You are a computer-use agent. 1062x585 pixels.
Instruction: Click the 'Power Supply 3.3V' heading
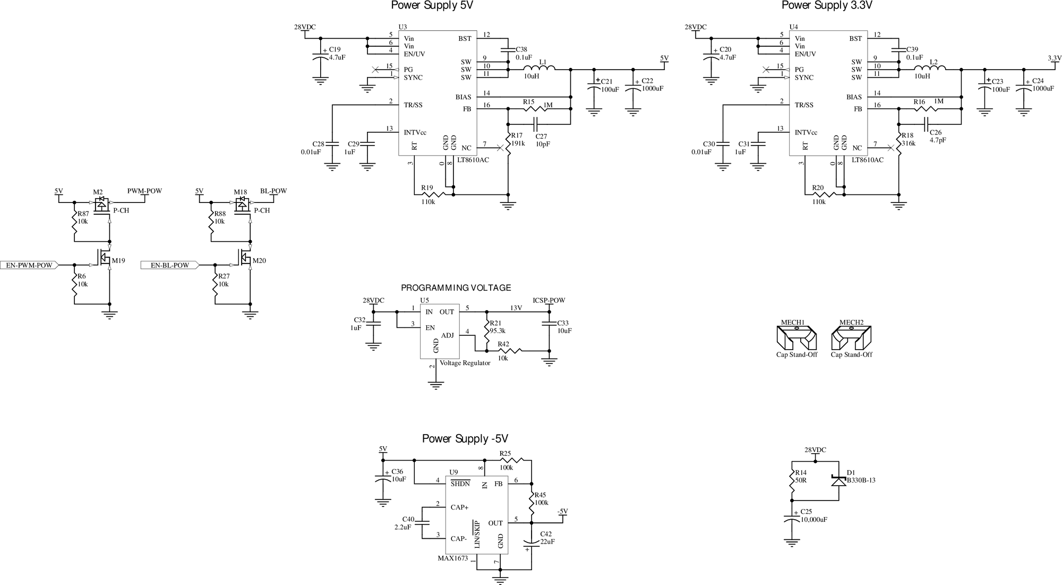coord(827,6)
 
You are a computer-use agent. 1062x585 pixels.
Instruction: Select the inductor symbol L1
coord(539,68)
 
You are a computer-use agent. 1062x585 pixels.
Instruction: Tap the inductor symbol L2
coord(930,68)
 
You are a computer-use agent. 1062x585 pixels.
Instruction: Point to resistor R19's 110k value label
coord(428,202)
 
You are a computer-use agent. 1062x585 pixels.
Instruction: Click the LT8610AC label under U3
coord(473,160)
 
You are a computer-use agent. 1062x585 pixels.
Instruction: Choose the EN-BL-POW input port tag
coord(169,265)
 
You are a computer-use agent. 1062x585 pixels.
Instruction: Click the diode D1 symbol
coord(838,481)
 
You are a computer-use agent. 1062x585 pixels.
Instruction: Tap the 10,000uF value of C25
coord(813,520)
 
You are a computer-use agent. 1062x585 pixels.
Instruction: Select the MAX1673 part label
coord(452,558)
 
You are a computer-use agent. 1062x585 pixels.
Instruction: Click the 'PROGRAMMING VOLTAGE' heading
coord(456,288)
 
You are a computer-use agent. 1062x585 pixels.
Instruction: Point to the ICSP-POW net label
coord(549,300)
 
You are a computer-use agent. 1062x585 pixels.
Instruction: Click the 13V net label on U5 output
coord(516,308)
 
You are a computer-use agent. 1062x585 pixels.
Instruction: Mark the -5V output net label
coord(562,511)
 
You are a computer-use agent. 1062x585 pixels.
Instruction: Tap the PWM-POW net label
coord(144,191)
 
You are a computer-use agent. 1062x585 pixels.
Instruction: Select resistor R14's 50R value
coord(800,480)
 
